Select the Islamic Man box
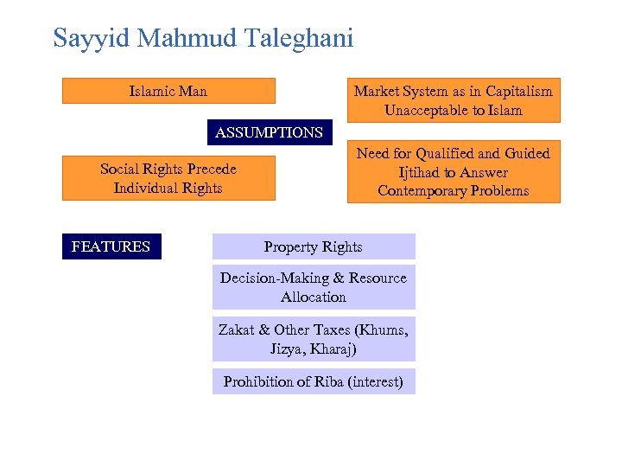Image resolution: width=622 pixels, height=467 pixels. pos(168,91)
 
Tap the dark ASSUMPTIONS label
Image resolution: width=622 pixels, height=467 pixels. pos(269,132)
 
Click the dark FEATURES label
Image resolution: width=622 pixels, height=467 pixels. pos(111,246)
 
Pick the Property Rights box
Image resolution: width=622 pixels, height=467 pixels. pos(314,246)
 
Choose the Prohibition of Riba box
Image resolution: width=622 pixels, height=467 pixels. pos(314,381)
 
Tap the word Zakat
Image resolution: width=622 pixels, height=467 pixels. pos(237,329)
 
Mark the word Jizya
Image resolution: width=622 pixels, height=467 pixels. pos(286,349)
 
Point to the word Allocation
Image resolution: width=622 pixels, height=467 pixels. pos(314,297)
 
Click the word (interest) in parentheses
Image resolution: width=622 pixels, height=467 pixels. pos(375,381)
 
